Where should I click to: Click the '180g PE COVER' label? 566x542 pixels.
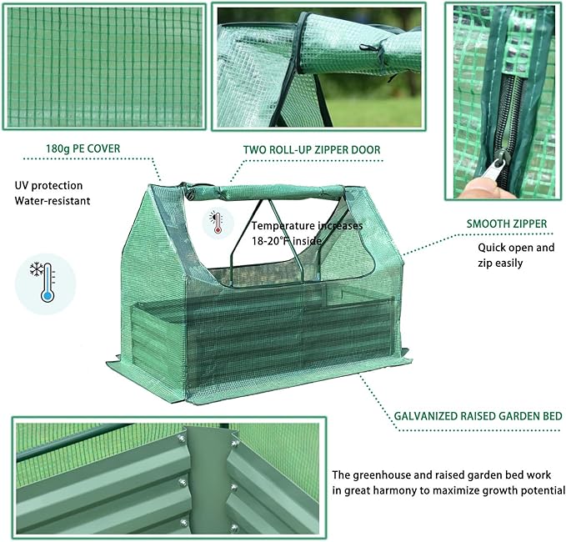click(83, 149)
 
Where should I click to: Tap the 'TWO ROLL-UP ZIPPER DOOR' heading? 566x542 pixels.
click(312, 150)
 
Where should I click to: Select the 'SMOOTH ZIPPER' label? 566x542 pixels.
click(506, 223)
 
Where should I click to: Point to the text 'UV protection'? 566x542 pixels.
click(48, 185)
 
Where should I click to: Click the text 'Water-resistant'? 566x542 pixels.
click(53, 201)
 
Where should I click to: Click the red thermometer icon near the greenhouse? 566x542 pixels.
click(218, 223)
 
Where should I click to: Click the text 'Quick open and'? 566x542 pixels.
click(515, 248)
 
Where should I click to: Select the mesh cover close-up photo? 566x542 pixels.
click(103, 67)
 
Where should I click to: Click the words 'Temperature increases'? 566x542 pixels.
click(307, 225)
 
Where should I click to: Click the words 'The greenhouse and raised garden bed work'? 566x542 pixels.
click(445, 472)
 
